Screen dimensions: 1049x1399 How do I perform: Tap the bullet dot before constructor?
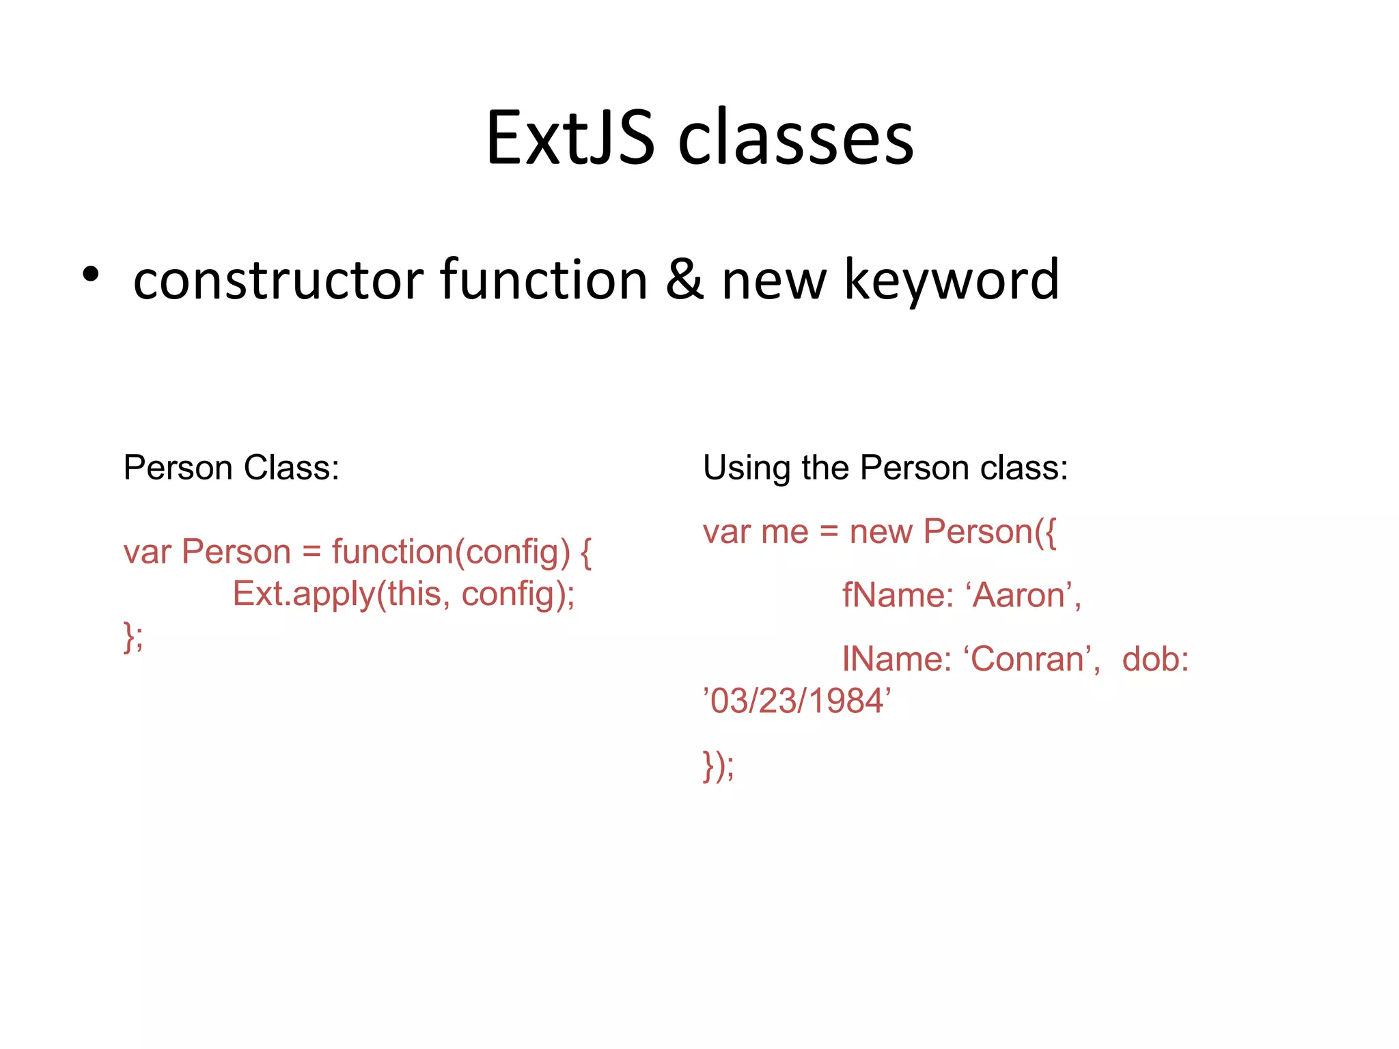pyautogui.click(x=90, y=275)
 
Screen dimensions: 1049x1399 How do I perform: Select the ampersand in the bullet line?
pyautogui.click(x=684, y=279)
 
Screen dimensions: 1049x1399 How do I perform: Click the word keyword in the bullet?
pyautogui.click(x=952, y=281)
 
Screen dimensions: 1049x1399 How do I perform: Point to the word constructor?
pyautogui.click(x=279, y=281)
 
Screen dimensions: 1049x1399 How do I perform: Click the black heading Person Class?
pyautogui.click(x=231, y=468)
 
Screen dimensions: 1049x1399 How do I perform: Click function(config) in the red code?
pyautogui.click(x=451, y=552)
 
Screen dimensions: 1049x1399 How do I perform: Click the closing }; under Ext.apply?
pyautogui.click(x=133, y=637)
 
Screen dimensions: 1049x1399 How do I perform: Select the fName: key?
pyautogui.click(x=897, y=595)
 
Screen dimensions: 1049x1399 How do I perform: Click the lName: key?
pyautogui.click(x=896, y=659)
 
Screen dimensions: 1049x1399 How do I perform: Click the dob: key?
pyautogui.click(x=1155, y=659)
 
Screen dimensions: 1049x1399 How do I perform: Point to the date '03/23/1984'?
pyautogui.click(x=797, y=701)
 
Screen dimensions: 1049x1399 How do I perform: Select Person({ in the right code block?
pyautogui.click(x=990, y=531)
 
